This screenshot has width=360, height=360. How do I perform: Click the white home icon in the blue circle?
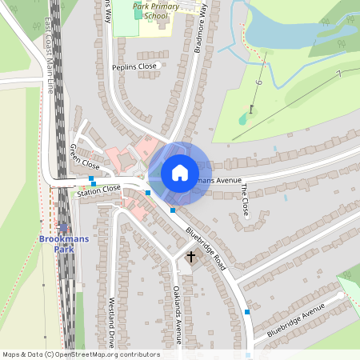coord(180,172)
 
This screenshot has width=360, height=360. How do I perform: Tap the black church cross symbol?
coord(190,258)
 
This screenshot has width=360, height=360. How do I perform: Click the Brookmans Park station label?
coord(58,244)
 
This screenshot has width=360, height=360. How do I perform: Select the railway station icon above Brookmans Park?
coord(63,227)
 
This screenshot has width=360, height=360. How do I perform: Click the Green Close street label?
coord(84,155)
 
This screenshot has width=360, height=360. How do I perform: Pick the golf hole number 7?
coord(338,73)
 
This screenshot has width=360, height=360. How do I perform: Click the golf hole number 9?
coord(260,82)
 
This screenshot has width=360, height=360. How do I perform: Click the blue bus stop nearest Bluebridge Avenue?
coord(247,311)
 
